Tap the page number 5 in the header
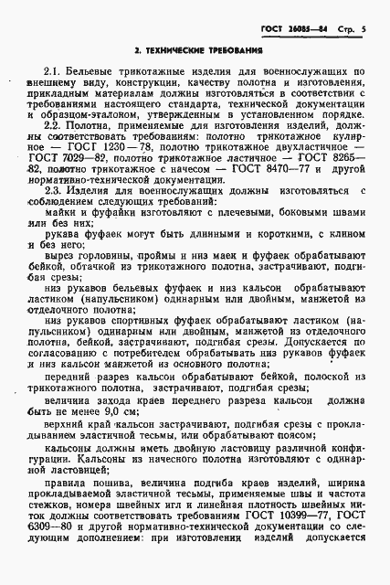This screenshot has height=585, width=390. click(x=364, y=30)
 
